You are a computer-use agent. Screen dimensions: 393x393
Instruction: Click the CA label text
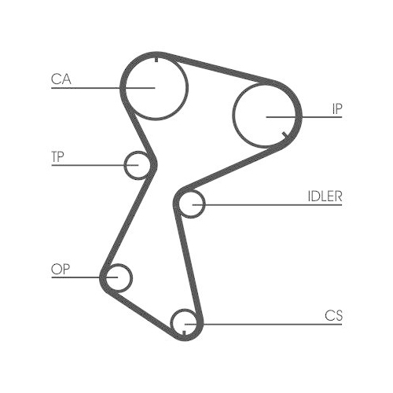61,79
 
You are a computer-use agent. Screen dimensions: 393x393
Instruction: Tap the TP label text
57,156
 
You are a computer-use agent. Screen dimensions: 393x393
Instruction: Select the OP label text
61,270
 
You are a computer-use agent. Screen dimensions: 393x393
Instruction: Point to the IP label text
337,108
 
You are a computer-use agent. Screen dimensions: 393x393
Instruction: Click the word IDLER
325,196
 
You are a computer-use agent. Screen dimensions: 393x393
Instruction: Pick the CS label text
333,316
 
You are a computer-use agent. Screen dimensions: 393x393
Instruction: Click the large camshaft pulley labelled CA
188,88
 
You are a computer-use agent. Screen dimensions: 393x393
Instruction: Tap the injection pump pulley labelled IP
233,116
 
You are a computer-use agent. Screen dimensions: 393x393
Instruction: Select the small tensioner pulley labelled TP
124,165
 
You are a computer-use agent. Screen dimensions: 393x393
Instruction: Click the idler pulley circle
205,204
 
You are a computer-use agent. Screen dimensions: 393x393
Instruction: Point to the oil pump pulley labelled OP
132,277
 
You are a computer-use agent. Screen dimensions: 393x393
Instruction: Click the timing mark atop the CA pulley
156,59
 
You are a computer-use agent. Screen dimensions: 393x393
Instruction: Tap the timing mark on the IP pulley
285,135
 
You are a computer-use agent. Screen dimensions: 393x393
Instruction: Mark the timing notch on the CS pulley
184,333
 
